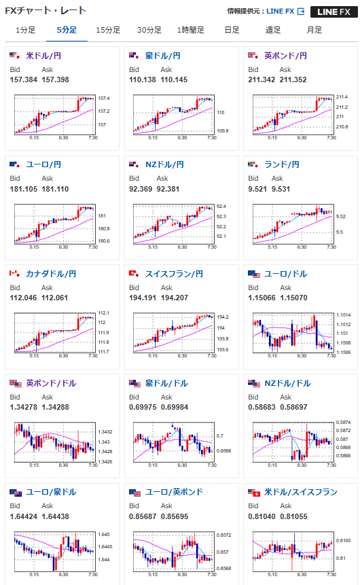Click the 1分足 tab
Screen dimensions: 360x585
point(25,30)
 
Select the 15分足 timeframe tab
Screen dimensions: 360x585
point(108,30)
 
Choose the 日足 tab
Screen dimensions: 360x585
point(232,30)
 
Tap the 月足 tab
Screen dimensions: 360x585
point(314,30)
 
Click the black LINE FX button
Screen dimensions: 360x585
point(334,12)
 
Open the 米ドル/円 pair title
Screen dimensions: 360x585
point(43,56)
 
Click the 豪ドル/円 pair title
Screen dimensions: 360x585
point(162,56)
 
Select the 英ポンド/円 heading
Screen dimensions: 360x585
point(285,56)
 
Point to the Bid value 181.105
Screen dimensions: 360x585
point(24,189)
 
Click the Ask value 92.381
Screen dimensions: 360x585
point(168,189)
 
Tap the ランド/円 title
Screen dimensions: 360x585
point(282,164)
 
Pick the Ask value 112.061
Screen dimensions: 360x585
point(55,298)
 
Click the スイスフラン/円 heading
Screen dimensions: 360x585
point(174,274)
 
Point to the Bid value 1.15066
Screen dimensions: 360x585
point(262,298)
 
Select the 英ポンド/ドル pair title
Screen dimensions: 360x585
point(51,383)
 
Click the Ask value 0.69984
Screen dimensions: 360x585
point(175,407)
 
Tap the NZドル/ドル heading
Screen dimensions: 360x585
point(287,383)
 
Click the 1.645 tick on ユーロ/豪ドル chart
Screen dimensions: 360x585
point(104,535)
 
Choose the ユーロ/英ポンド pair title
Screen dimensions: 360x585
point(174,492)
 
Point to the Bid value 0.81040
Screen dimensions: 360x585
point(262,516)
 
